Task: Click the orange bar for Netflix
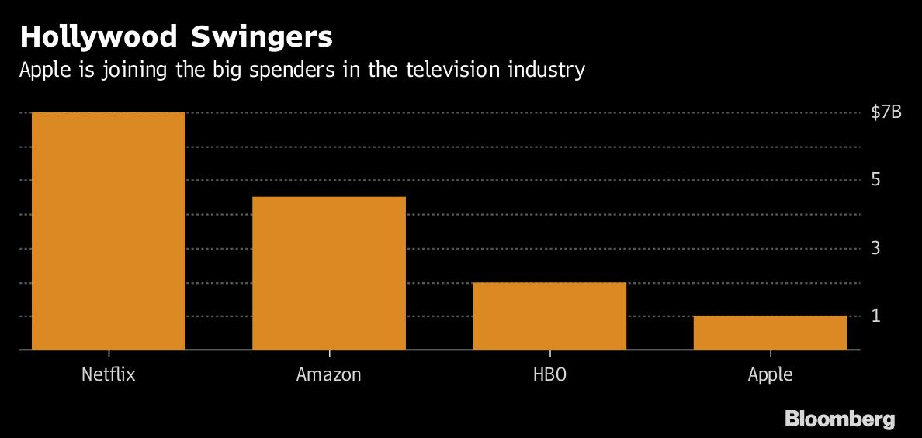pyautogui.click(x=109, y=231)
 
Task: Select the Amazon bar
pyautogui.click(x=329, y=273)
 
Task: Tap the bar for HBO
pyautogui.click(x=549, y=316)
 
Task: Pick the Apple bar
pyautogui.click(x=770, y=333)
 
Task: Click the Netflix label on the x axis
pyautogui.click(x=109, y=374)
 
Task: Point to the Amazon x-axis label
pyautogui.click(x=329, y=374)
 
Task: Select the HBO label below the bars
pyautogui.click(x=549, y=374)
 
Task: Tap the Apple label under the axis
pyautogui.click(x=770, y=374)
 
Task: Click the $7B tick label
pyautogui.click(x=886, y=112)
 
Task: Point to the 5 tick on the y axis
pyautogui.click(x=875, y=180)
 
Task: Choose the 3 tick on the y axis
pyautogui.click(x=875, y=248)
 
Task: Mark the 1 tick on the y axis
pyautogui.click(x=875, y=316)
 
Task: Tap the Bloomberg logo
pyautogui.click(x=840, y=419)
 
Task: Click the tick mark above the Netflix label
pyautogui.click(x=109, y=354)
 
